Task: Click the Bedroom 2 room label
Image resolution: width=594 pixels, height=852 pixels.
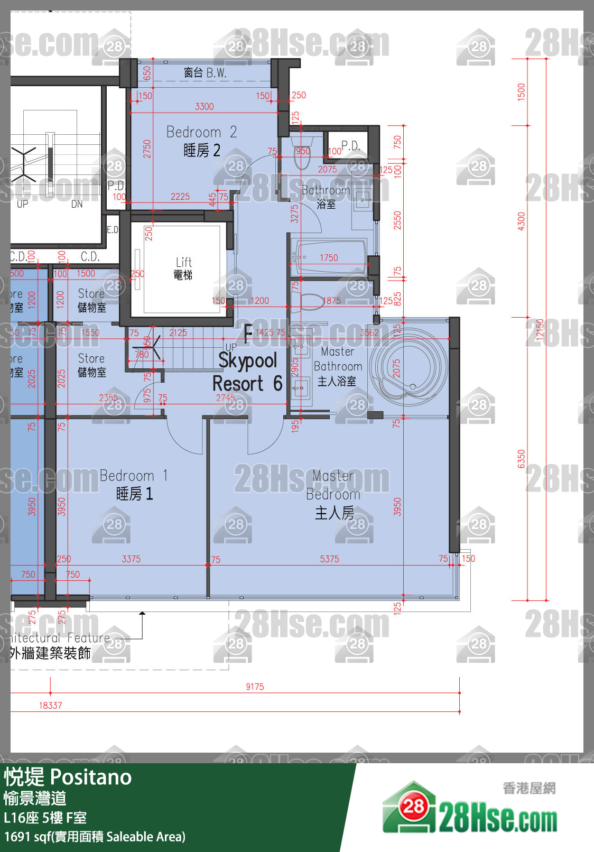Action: (201, 141)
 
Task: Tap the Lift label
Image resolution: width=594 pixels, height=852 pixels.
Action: (183, 268)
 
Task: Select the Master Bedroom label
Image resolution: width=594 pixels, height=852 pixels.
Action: (333, 494)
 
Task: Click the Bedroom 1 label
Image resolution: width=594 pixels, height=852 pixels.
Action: (134, 485)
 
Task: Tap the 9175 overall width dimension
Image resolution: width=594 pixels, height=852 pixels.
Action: (255, 687)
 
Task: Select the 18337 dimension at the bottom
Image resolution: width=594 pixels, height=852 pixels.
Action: (50, 706)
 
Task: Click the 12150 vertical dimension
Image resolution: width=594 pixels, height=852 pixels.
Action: (540, 332)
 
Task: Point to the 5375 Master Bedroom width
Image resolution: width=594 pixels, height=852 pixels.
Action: (329, 559)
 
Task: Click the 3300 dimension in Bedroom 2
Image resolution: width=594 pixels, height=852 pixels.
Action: (204, 107)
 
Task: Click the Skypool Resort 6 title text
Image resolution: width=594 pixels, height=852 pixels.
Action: (247, 372)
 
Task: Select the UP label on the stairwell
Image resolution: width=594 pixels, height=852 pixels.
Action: (22, 204)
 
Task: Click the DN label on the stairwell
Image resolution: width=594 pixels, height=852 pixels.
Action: (77, 204)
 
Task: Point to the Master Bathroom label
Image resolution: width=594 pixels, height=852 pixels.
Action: (338, 366)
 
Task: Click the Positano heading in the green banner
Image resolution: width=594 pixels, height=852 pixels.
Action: (68, 777)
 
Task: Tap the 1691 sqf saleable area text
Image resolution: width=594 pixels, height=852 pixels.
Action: (95, 837)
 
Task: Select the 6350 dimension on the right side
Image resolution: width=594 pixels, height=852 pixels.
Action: (522, 459)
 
